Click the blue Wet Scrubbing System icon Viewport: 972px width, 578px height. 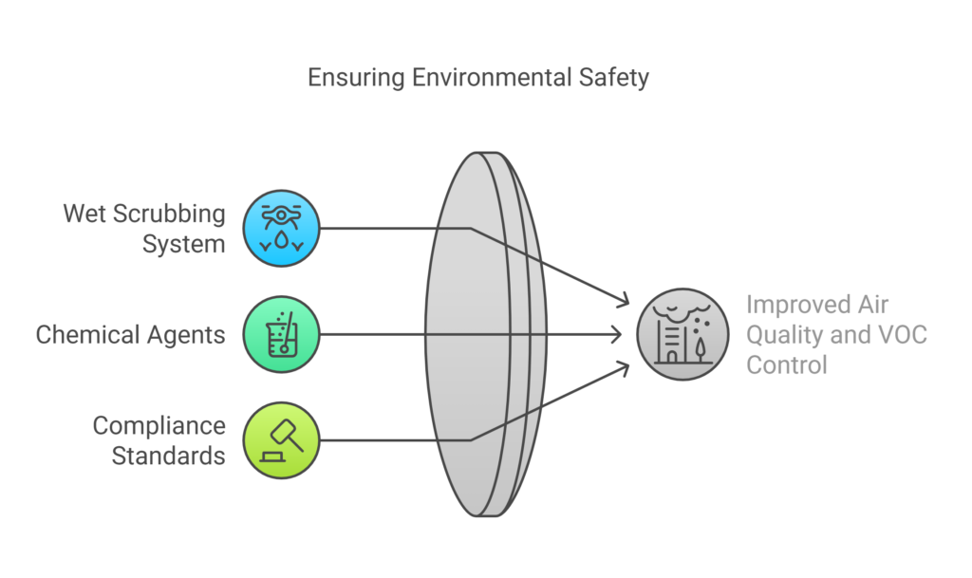281,228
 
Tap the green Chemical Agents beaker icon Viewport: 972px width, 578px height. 281,334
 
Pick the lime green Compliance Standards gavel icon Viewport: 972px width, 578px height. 281,440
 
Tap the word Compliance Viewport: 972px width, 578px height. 159,426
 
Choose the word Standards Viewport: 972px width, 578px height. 168,456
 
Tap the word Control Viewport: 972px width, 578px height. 787,364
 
